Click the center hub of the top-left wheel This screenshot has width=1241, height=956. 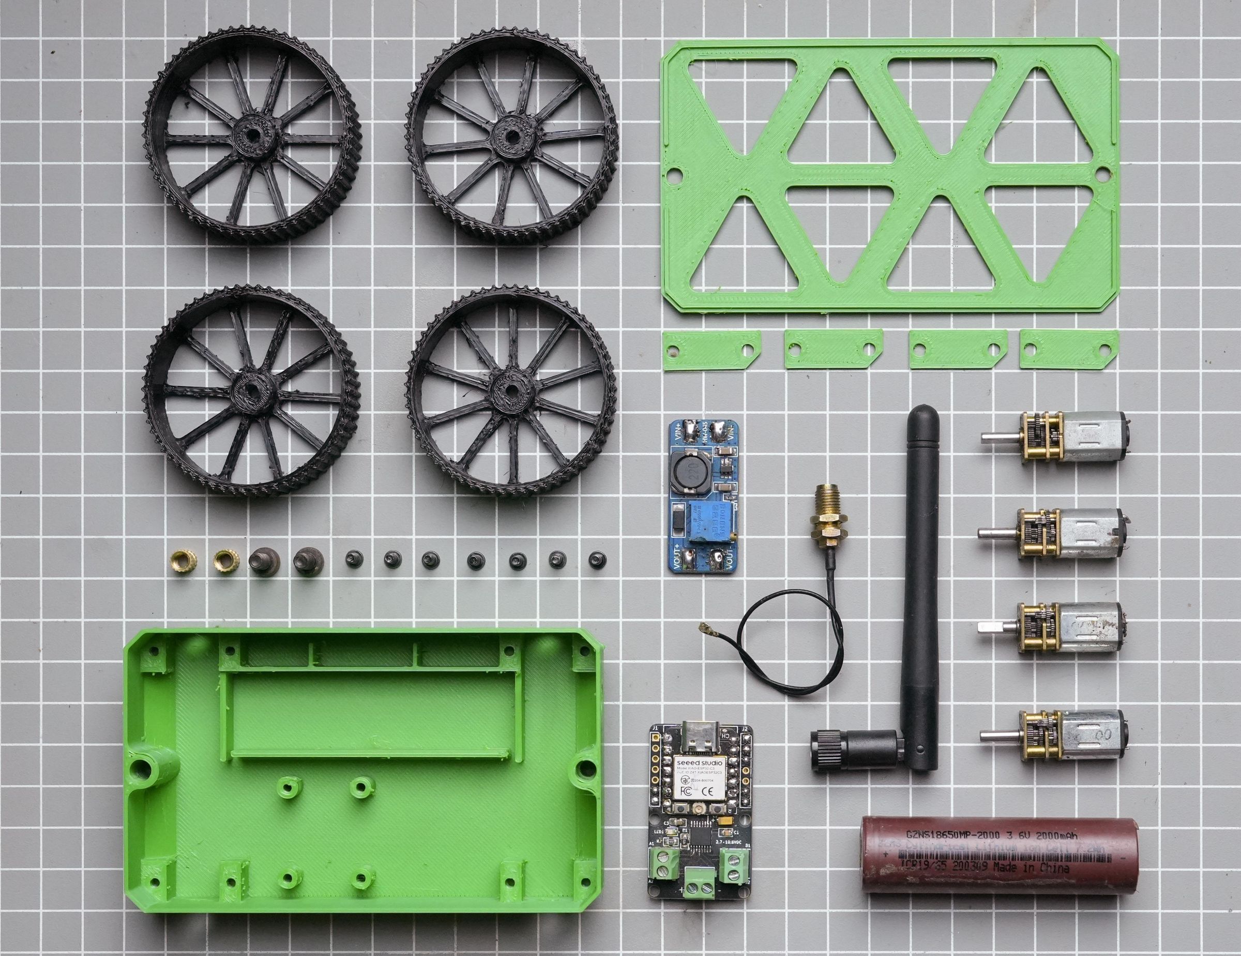pyautogui.click(x=250, y=135)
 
